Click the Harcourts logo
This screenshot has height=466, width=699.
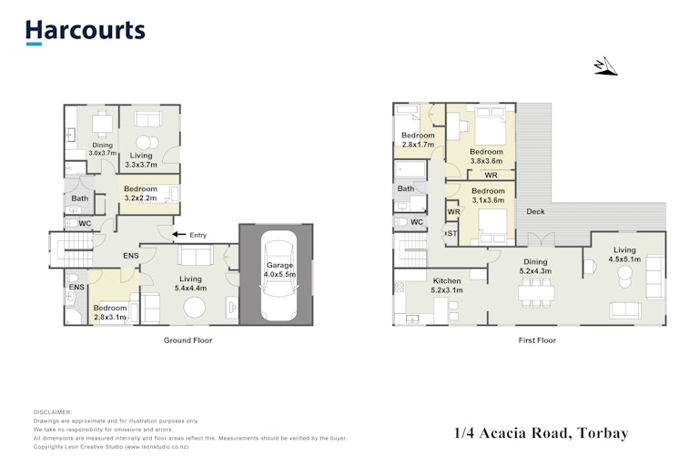86,32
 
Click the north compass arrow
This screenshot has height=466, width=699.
606,66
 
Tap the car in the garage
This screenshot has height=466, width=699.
279,275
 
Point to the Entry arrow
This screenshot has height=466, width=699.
179,234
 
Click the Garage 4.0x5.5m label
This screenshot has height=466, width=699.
279,269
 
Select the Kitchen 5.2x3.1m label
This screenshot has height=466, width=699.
447,286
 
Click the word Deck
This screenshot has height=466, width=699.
535,211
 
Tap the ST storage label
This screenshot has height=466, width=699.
452,233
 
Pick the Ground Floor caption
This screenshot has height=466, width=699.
187,340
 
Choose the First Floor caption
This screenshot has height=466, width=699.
537,340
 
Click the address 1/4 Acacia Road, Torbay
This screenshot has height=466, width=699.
542,433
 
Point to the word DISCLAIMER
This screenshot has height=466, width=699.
53,412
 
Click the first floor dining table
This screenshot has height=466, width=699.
536,293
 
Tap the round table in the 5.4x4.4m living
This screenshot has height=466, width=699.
195,308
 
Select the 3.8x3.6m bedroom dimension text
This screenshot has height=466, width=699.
486,161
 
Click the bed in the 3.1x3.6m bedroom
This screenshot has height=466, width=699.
492,226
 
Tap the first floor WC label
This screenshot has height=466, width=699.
417,222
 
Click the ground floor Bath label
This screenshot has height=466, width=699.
80,198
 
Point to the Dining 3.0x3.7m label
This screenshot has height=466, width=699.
103,149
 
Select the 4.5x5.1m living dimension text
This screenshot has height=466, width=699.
624,259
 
